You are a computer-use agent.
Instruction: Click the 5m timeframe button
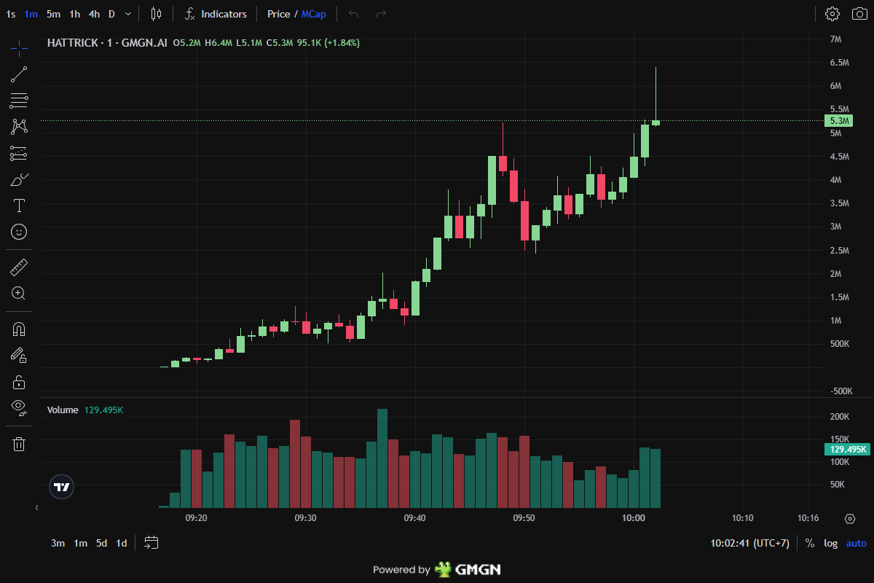pyautogui.click(x=53, y=14)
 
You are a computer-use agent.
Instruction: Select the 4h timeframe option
pyautogui.click(x=94, y=14)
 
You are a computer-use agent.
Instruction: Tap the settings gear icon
pyautogui.click(x=832, y=14)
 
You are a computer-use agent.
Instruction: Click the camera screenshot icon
pyautogui.click(x=857, y=14)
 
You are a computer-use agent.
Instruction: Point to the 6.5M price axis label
pyautogui.click(x=840, y=63)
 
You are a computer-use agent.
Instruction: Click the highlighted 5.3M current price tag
pyautogui.click(x=840, y=121)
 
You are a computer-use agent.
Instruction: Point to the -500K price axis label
pyautogui.click(x=840, y=391)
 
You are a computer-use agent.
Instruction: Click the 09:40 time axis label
pyautogui.click(x=414, y=518)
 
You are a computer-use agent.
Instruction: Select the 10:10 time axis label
pyautogui.click(x=742, y=518)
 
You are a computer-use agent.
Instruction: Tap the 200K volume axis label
pyautogui.click(x=840, y=417)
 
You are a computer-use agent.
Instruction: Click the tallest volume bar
pyautogui.click(x=382, y=458)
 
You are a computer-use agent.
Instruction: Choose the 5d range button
pyautogui.click(x=102, y=543)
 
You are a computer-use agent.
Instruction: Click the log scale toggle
pyautogui.click(x=830, y=543)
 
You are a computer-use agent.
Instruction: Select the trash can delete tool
pyautogui.click(x=19, y=444)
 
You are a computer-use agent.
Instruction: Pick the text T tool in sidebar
pyautogui.click(x=19, y=206)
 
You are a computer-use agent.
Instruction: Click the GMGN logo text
pyautogui.click(x=477, y=570)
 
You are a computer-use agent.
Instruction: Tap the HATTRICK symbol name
pyautogui.click(x=72, y=43)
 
